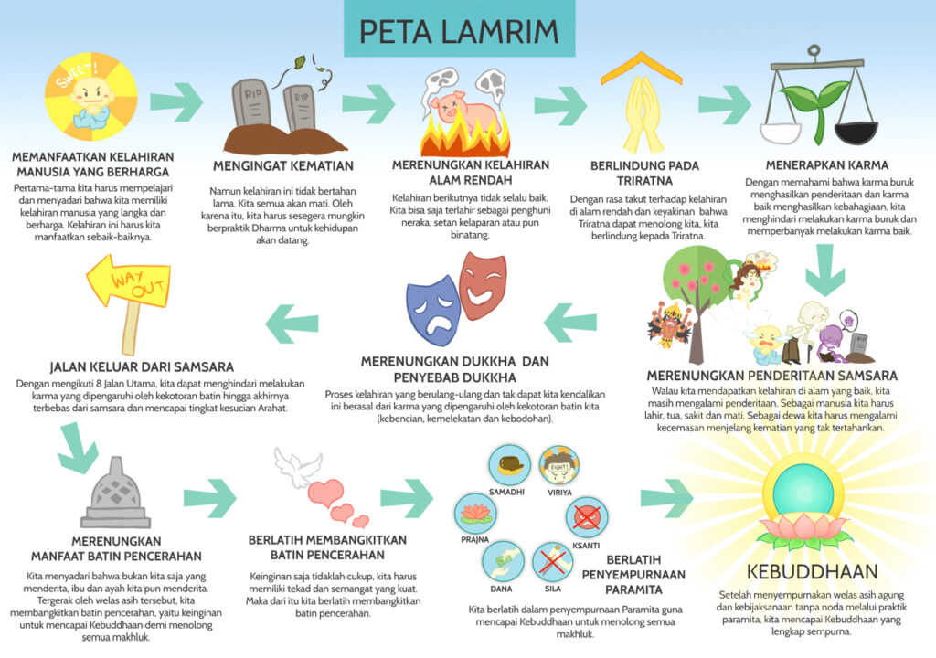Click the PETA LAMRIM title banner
[458, 30]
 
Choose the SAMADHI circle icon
[509, 465]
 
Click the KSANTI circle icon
[585, 517]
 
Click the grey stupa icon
[115, 493]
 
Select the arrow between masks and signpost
[292, 319]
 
